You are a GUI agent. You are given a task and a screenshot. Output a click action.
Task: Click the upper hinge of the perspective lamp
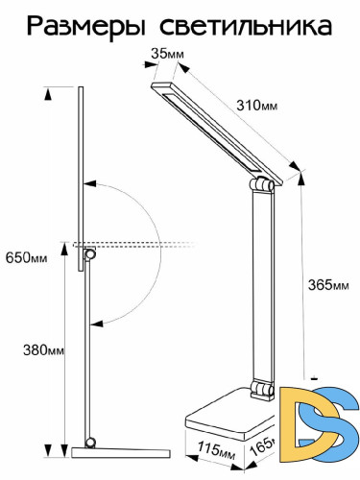click(261, 184)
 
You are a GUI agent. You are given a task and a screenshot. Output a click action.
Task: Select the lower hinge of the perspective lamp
click(259, 389)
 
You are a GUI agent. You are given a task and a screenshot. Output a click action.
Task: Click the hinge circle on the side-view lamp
click(90, 253)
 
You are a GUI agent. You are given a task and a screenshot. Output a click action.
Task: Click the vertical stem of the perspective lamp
click(260, 288)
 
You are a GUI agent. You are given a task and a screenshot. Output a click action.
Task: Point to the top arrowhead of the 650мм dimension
click(48, 92)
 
